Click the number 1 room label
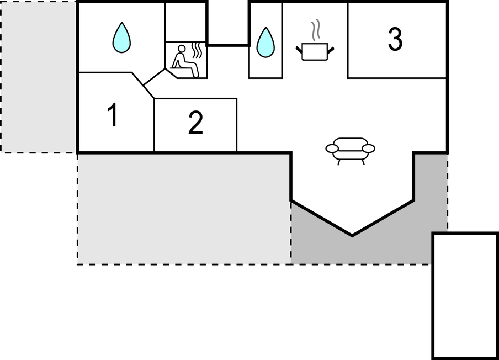[113, 115]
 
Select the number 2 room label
[195, 123]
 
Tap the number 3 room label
[395, 39]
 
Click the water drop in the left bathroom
[121, 37]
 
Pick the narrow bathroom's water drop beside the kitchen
[266, 43]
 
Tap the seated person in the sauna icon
[184, 61]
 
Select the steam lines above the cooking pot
[315, 30]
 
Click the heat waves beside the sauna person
[197, 51]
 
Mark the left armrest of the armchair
[332, 149]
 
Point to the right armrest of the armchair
[369, 149]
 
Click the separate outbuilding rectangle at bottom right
[465, 296]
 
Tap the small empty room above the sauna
[186, 22]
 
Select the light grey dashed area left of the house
[38, 76]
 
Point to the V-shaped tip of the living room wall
[352, 236]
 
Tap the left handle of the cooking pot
[299, 50]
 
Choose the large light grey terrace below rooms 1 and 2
[184, 209]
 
